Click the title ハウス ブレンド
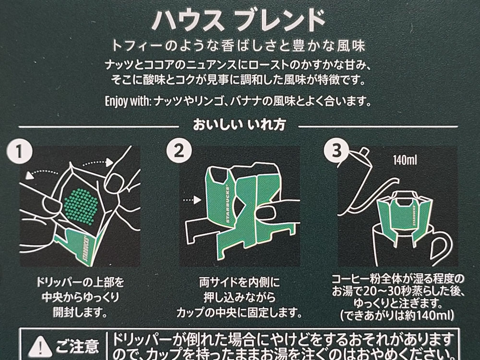[x=239, y=20]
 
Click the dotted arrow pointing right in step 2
[x=190, y=196]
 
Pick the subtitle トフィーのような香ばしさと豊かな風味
[x=239, y=46]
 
